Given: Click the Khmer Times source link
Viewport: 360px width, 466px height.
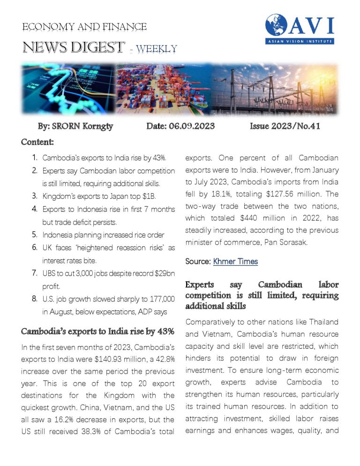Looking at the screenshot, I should click(235, 261).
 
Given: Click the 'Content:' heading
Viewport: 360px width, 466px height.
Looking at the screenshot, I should click(37, 141).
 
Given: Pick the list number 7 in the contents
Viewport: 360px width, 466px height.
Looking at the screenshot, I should click(34, 272).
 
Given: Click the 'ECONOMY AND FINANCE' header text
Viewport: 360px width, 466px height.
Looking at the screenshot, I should click(84, 27).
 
